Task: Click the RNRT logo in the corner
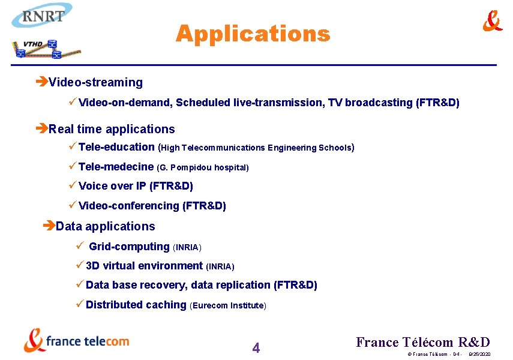pyautogui.click(x=42, y=16)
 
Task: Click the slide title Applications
pyautogui.click(x=253, y=34)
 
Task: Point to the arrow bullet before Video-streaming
pyautogui.click(x=42, y=82)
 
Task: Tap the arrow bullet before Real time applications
pyautogui.click(x=42, y=129)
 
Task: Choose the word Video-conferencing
pyautogui.click(x=129, y=206)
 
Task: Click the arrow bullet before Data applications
pyautogui.click(x=49, y=226)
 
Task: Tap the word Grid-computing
pyautogui.click(x=129, y=247)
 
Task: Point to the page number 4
pyautogui.click(x=256, y=347)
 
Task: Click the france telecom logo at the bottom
pyautogui.click(x=76, y=340)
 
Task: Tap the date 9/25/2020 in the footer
pyautogui.click(x=479, y=355)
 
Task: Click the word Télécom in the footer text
pyautogui.click(x=427, y=342)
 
